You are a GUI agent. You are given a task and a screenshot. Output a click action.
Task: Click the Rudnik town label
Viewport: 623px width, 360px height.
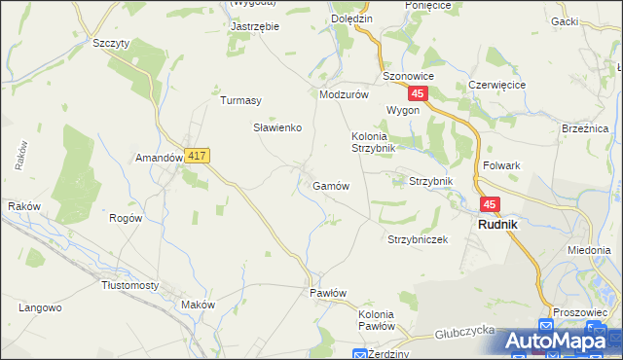[496, 224]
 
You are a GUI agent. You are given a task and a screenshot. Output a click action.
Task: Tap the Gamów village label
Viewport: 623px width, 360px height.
[331, 185]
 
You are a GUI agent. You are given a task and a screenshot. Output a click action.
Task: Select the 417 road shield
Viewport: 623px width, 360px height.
[197, 156]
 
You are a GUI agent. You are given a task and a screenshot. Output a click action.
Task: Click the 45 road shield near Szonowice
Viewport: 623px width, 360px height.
[418, 93]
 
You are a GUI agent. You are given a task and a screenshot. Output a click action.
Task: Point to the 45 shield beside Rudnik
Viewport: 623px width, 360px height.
[489, 204]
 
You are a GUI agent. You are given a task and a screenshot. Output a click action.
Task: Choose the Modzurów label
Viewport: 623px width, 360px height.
[344, 95]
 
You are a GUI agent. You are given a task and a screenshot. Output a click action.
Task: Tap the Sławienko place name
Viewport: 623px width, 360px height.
[278, 127]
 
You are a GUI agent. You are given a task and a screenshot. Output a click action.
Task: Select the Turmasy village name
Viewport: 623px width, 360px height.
[240, 100]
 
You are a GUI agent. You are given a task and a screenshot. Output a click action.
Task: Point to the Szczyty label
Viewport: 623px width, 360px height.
[110, 44]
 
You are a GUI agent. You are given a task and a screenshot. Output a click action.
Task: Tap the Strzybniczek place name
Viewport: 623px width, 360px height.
[417, 239]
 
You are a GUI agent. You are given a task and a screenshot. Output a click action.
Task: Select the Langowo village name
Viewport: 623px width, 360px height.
[41, 307]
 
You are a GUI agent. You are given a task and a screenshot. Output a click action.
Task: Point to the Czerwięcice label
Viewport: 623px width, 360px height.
[496, 85]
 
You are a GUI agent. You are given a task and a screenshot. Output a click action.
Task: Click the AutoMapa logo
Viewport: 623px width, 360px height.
[562, 341]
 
